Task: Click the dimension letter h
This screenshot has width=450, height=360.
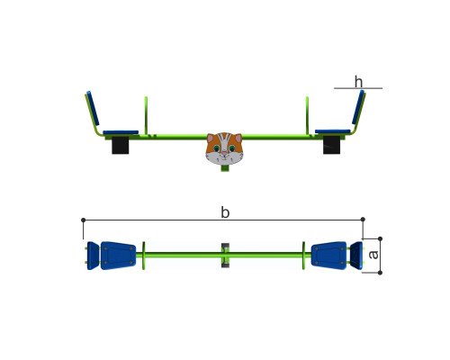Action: pyautogui.click(x=358, y=82)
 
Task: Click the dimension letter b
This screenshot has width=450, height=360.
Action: pyautogui.click(x=225, y=212)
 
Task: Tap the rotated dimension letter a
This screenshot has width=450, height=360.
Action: pyautogui.click(x=373, y=255)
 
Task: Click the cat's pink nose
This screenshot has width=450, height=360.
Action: pyautogui.click(x=224, y=153)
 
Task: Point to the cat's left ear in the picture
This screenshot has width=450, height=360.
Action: pyautogui.click(x=211, y=138)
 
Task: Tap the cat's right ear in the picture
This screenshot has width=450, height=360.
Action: pyautogui.click(x=238, y=138)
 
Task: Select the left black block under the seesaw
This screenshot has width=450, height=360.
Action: pyautogui.click(x=121, y=145)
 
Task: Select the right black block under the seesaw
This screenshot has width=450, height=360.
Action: pyautogui.click(x=331, y=145)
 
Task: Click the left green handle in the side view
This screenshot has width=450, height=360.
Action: pyautogui.click(x=146, y=115)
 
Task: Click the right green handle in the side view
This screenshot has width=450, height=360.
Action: pyautogui.click(x=307, y=115)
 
